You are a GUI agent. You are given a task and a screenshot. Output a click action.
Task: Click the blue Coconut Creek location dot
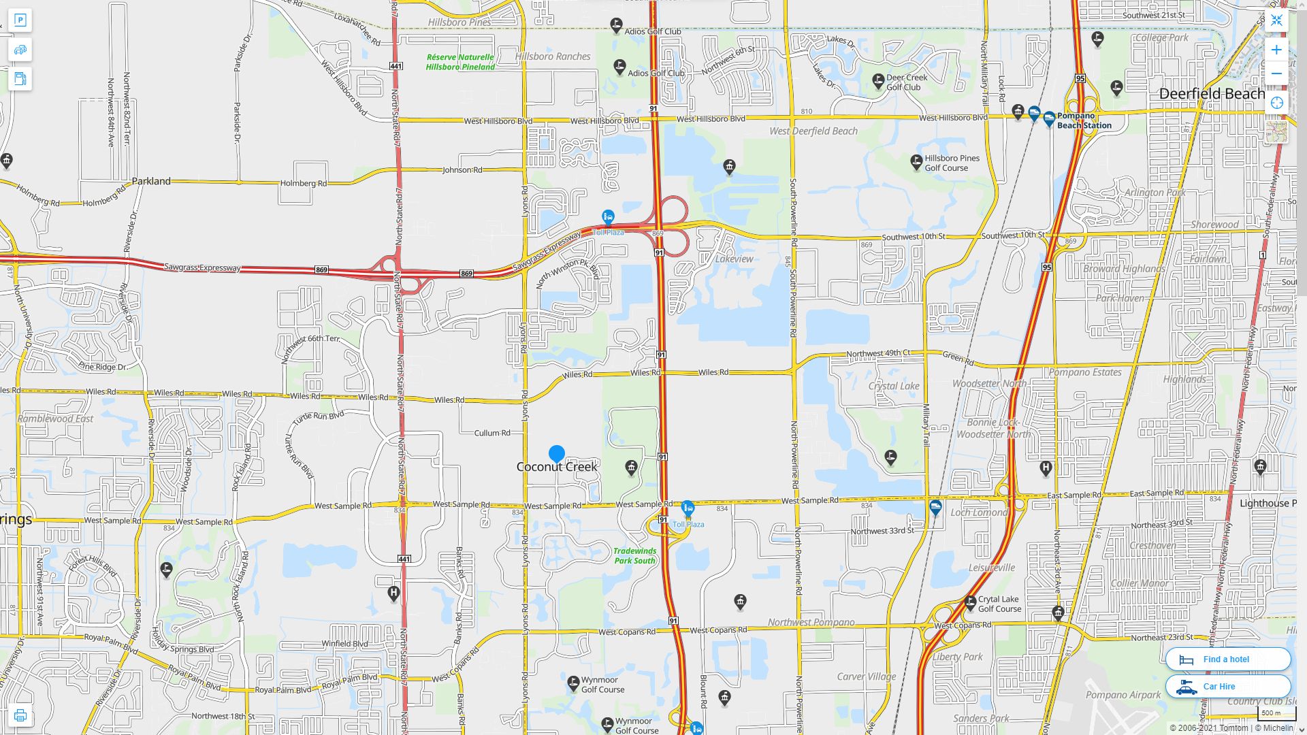(556, 453)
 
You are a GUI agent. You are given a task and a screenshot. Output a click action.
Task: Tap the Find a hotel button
(1227, 659)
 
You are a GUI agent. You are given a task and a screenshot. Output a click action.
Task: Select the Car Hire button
(1227, 686)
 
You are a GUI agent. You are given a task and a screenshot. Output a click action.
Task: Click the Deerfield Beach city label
(1212, 94)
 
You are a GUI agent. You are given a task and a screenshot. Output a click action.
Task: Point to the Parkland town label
(151, 181)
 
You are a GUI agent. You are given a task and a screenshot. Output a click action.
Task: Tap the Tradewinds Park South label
(634, 555)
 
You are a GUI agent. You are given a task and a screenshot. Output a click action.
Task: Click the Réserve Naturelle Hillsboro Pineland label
(461, 62)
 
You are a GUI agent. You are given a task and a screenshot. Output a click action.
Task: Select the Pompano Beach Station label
(1084, 120)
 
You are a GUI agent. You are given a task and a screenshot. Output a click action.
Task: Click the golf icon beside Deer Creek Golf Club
(878, 80)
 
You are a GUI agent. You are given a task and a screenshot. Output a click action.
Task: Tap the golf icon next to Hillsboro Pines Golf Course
(916, 161)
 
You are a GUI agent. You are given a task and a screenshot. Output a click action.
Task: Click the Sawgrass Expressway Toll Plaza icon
(608, 217)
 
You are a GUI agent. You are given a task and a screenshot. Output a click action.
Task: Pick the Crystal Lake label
(894, 386)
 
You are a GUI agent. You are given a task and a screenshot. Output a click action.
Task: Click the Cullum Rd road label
(491, 433)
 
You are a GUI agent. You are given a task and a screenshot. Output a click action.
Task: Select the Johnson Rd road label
(462, 169)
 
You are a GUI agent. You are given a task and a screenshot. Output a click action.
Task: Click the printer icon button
(20, 715)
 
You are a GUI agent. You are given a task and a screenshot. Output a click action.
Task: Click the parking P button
(20, 20)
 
